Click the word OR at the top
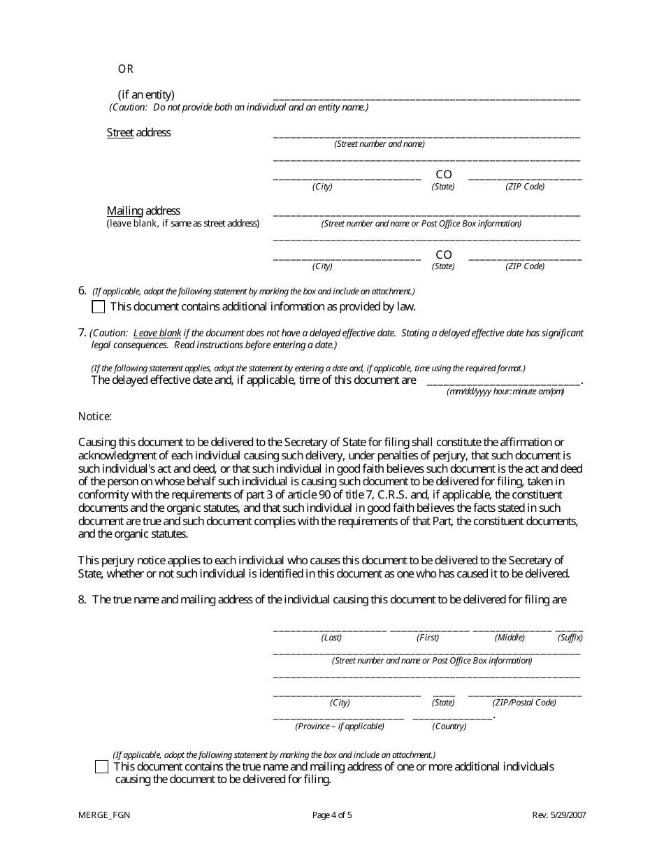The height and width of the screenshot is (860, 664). tap(125, 69)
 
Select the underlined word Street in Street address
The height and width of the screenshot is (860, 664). tap(120, 133)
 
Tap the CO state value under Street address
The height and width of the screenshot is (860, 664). tap(444, 175)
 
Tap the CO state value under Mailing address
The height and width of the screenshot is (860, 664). tap(444, 255)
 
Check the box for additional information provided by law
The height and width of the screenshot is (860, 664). tap(99, 307)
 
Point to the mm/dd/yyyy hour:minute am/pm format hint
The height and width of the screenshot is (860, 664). tap(505, 392)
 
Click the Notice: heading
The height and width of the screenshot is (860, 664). tap(95, 417)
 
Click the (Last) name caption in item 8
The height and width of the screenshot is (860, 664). tap(331, 638)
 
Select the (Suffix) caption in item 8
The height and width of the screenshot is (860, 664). tap(570, 638)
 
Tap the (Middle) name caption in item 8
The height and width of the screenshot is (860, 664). tap(510, 638)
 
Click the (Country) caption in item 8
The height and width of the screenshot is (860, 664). tap(449, 726)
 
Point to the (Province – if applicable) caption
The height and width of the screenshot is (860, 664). tap(340, 726)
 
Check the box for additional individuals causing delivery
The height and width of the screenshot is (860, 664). tap(101, 767)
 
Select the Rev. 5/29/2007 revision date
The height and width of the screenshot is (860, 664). tap(559, 815)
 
